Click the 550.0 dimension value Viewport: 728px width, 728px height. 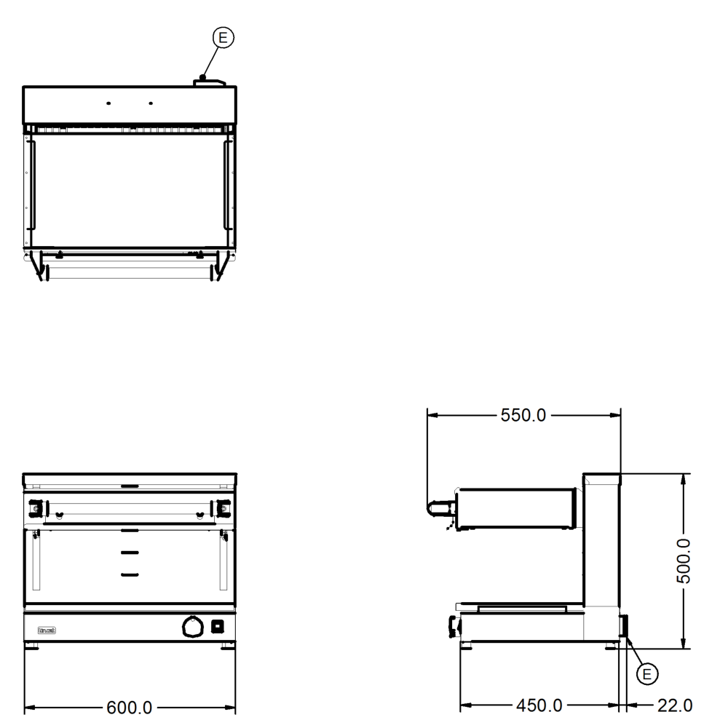(523, 416)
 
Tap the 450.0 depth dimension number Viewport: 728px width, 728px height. (539, 705)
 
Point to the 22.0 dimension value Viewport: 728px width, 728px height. (673, 705)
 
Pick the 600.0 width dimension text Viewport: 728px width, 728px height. (130, 707)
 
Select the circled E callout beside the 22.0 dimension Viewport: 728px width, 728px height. (644, 675)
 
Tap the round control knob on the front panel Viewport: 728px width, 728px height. (192, 626)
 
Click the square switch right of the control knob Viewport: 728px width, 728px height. (217, 626)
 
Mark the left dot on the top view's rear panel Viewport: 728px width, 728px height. (108, 103)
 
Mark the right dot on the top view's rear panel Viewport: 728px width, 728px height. (151, 103)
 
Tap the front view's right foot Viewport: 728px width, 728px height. (226, 646)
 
